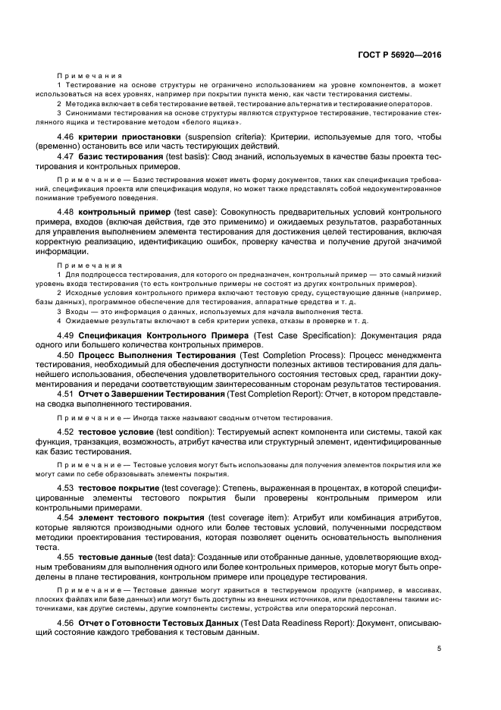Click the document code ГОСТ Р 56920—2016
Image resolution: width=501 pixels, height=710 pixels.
click(404, 55)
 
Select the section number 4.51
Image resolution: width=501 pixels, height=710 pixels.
click(67, 394)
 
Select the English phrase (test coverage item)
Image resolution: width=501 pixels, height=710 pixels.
click(244, 517)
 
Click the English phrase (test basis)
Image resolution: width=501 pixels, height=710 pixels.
click(191, 156)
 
